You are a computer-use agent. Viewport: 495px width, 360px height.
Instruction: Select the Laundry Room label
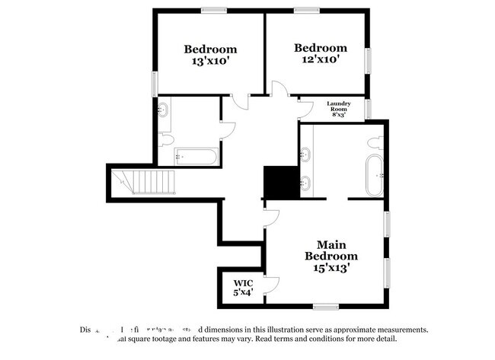click(337, 107)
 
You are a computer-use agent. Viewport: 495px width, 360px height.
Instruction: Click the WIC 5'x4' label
click(242, 287)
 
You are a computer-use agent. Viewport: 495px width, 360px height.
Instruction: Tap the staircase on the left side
click(144, 183)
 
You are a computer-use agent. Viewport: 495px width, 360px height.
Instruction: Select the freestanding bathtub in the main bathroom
click(375, 176)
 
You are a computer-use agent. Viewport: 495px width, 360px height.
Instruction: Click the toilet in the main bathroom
click(374, 142)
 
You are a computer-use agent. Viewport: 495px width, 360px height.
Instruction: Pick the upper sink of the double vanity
click(305, 157)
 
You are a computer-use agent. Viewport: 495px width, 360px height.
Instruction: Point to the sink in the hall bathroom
click(162, 110)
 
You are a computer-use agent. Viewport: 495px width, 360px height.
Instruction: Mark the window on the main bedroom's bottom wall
click(325, 306)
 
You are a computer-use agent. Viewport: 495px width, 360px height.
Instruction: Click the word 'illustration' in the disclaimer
click(286, 330)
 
